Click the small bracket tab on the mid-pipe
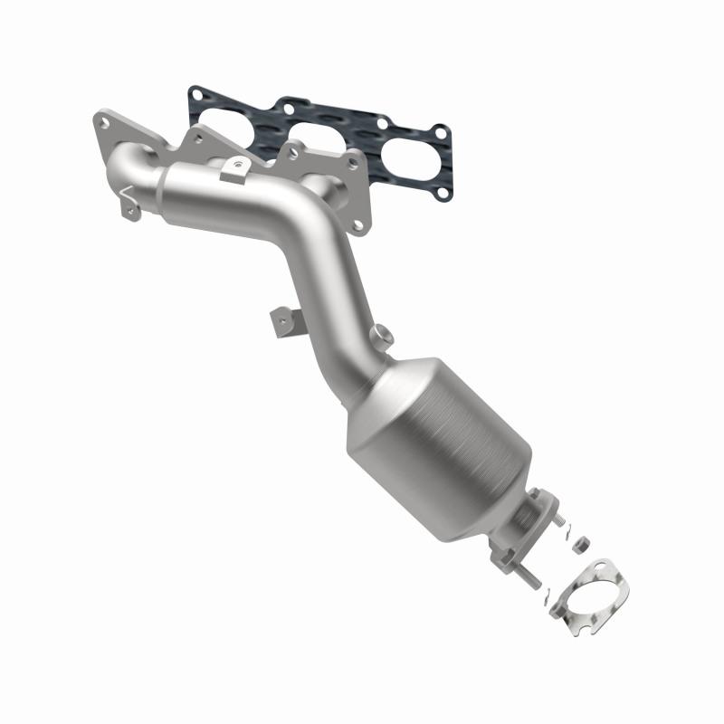click(x=280, y=320)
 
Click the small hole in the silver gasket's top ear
click(x=598, y=568)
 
